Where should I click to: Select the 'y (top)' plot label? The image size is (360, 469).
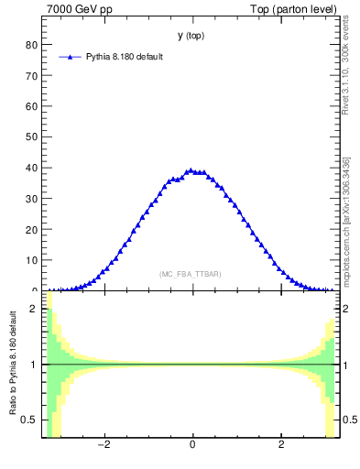(x=191, y=36)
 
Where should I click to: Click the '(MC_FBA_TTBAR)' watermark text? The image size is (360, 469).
(x=191, y=274)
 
